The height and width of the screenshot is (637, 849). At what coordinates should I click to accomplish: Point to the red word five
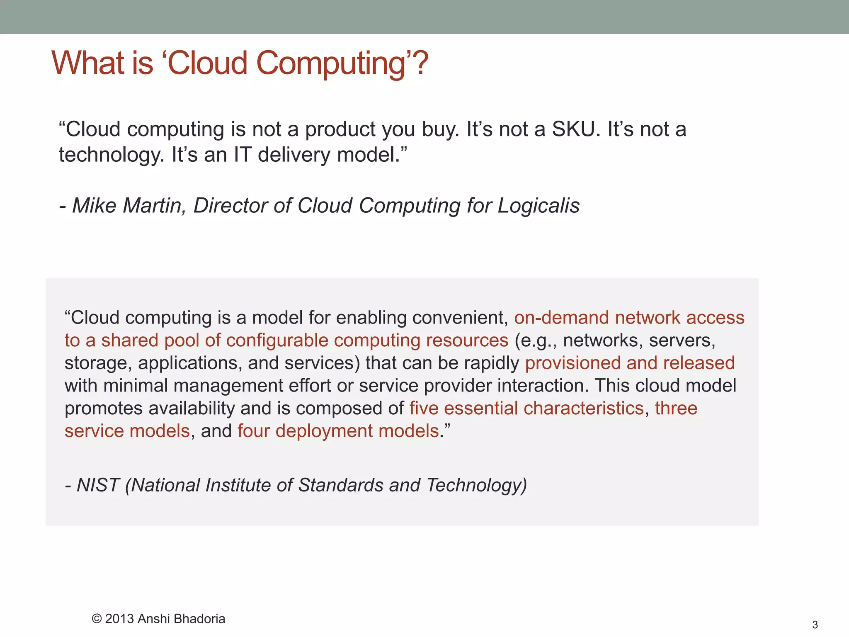pos(424,408)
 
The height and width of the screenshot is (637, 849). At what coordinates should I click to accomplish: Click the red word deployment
pos(324,431)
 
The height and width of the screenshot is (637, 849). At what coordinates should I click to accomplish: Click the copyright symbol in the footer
pos(97,619)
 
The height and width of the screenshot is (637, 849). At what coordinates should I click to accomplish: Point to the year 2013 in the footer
pos(119,619)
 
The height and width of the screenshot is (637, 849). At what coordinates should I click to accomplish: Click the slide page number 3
pos(815,625)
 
